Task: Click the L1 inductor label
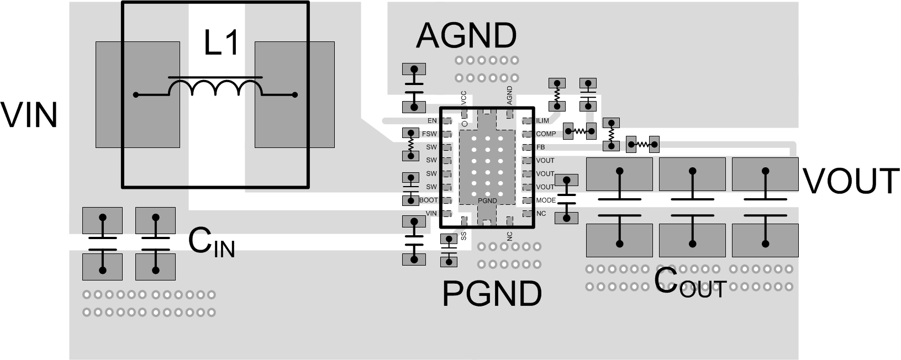click(222, 43)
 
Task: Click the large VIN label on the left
click(29, 115)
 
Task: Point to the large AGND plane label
click(466, 35)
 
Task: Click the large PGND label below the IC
click(492, 294)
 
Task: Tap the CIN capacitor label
click(212, 243)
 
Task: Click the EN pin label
click(432, 120)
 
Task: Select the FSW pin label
click(429, 134)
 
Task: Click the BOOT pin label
click(429, 200)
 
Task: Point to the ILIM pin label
click(543, 120)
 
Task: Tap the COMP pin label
click(546, 134)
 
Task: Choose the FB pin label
click(540, 147)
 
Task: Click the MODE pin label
click(546, 200)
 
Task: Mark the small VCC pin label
click(463, 98)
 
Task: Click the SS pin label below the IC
click(463, 236)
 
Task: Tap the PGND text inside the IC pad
click(487, 200)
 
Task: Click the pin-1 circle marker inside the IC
click(465, 123)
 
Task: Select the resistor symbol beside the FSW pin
click(410, 144)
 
